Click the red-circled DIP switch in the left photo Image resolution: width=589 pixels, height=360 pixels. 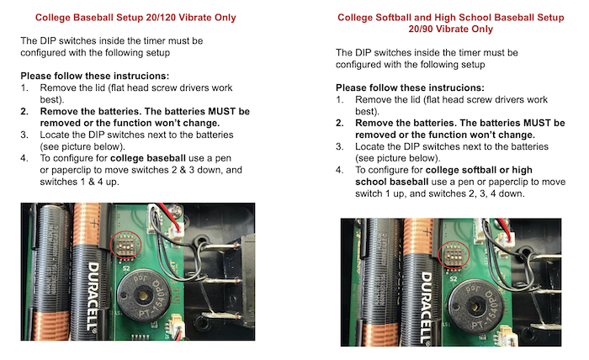click(125, 245)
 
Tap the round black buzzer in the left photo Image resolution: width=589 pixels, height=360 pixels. click(144, 296)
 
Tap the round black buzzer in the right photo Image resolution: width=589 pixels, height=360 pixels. click(476, 306)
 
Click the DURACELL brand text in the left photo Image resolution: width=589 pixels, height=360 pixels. click(93, 297)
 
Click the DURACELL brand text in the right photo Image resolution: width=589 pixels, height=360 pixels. click(426, 308)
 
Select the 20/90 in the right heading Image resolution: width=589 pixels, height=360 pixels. click(421, 29)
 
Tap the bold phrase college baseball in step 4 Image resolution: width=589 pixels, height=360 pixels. click(148, 158)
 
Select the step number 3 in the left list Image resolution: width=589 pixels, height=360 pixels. click(24, 135)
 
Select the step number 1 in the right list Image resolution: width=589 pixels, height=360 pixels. click(339, 100)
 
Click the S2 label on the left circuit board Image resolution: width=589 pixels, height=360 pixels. click(126, 268)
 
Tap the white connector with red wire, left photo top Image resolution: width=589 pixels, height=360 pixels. click(177, 230)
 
